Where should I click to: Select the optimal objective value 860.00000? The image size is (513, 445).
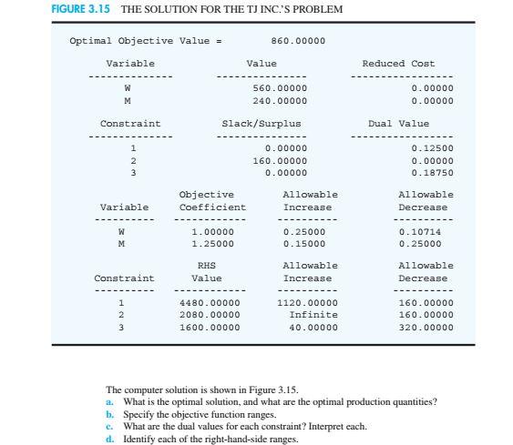click(x=298, y=41)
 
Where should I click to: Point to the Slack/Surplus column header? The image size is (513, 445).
click(x=262, y=124)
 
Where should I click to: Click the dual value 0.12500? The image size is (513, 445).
click(x=432, y=147)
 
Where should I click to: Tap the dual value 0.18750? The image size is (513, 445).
click(x=432, y=171)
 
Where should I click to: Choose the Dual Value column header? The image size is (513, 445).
click(x=398, y=124)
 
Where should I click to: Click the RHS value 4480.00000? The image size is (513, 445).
click(x=210, y=302)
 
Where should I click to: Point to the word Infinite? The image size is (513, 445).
click(x=313, y=314)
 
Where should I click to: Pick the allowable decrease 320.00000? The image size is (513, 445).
click(x=426, y=326)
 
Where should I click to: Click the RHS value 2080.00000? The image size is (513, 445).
click(x=210, y=314)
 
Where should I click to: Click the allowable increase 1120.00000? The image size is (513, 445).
click(x=306, y=302)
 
